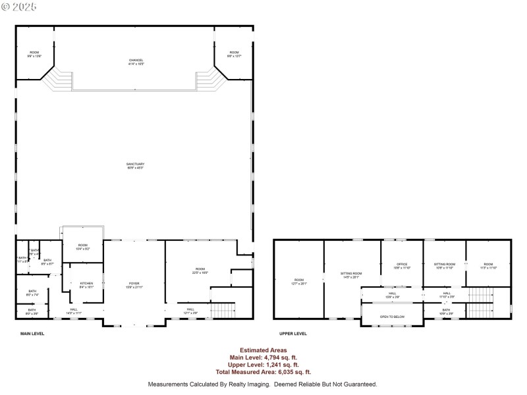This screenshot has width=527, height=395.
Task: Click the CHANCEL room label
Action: (x=136, y=62)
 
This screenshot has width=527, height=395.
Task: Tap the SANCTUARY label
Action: (x=136, y=166)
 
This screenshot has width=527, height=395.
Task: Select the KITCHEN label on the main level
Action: (x=87, y=285)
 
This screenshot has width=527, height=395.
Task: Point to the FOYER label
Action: (x=134, y=285)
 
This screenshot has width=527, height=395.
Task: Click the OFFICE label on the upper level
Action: (x=402, y=266)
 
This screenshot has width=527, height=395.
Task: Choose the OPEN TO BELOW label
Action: (x=392, y=317)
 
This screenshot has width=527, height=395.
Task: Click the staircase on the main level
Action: (x=223, y=310)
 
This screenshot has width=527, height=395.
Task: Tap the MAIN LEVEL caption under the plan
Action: (x=32, y=334)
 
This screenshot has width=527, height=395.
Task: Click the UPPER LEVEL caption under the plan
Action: (x=293, y=334)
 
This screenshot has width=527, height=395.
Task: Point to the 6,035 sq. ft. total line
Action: (x=262, y=372)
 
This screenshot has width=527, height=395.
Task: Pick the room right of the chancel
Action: (x=234, y=54)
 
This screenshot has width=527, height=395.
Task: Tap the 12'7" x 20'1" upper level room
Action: (x=299, y=282)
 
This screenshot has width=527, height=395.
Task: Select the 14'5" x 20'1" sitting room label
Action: (x=351, y=275)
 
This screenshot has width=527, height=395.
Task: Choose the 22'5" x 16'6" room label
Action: (x=200, y=271)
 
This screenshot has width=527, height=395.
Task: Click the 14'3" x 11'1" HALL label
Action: (x=73, y=311)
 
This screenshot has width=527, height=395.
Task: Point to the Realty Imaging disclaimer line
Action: (x=262, y=384)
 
